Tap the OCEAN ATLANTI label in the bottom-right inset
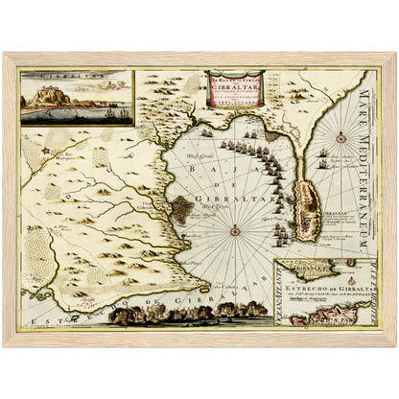pos(281,295)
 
